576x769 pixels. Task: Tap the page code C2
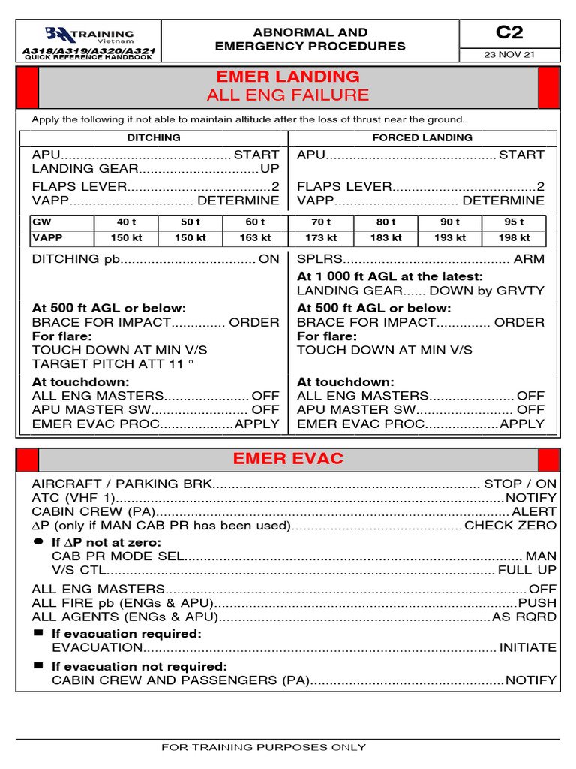509,32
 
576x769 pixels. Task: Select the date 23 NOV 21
509,55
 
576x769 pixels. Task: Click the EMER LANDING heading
288,77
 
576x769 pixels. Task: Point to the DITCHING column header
154,138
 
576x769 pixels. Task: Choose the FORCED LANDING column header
422,138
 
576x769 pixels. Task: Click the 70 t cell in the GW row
321,222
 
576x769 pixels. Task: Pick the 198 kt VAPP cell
514,238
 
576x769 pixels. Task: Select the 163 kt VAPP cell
255,238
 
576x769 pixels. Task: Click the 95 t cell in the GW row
514,222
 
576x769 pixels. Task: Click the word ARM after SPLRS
529,259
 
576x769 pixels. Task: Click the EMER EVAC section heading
288,459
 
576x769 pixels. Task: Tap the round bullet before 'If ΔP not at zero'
39,541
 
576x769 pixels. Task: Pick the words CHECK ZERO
511,526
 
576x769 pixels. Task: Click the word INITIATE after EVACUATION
528,647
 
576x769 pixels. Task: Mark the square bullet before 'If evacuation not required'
39,666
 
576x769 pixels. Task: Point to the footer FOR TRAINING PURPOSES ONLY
264,747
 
